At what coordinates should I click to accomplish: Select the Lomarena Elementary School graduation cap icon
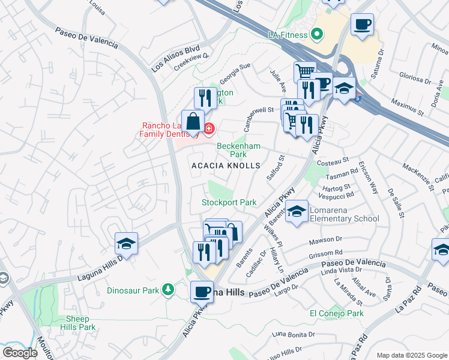[297, 212]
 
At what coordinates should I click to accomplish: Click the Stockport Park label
[229, 203]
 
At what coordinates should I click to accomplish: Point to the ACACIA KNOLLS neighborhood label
[226, 166]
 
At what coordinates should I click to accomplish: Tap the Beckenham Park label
[239, 150]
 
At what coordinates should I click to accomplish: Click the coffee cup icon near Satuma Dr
[362, 25]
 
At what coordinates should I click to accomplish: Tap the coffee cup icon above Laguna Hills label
[202, 292]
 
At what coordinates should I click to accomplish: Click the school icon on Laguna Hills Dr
[127, 244]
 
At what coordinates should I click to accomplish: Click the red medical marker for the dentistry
[209, 128]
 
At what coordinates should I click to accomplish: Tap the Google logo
[20, 353]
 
